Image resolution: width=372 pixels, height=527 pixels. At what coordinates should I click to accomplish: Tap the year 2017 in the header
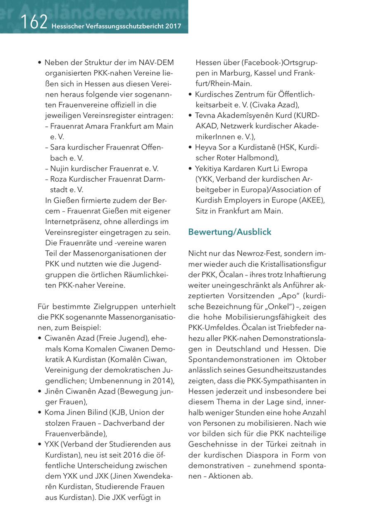[x=173, y=26]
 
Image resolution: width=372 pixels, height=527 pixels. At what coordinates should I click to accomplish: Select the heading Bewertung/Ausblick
[x=230, y=232]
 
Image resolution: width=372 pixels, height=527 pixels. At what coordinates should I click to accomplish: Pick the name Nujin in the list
[x=59, y=168]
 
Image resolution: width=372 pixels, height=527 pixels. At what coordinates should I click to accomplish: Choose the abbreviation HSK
[x=285, y=147]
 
